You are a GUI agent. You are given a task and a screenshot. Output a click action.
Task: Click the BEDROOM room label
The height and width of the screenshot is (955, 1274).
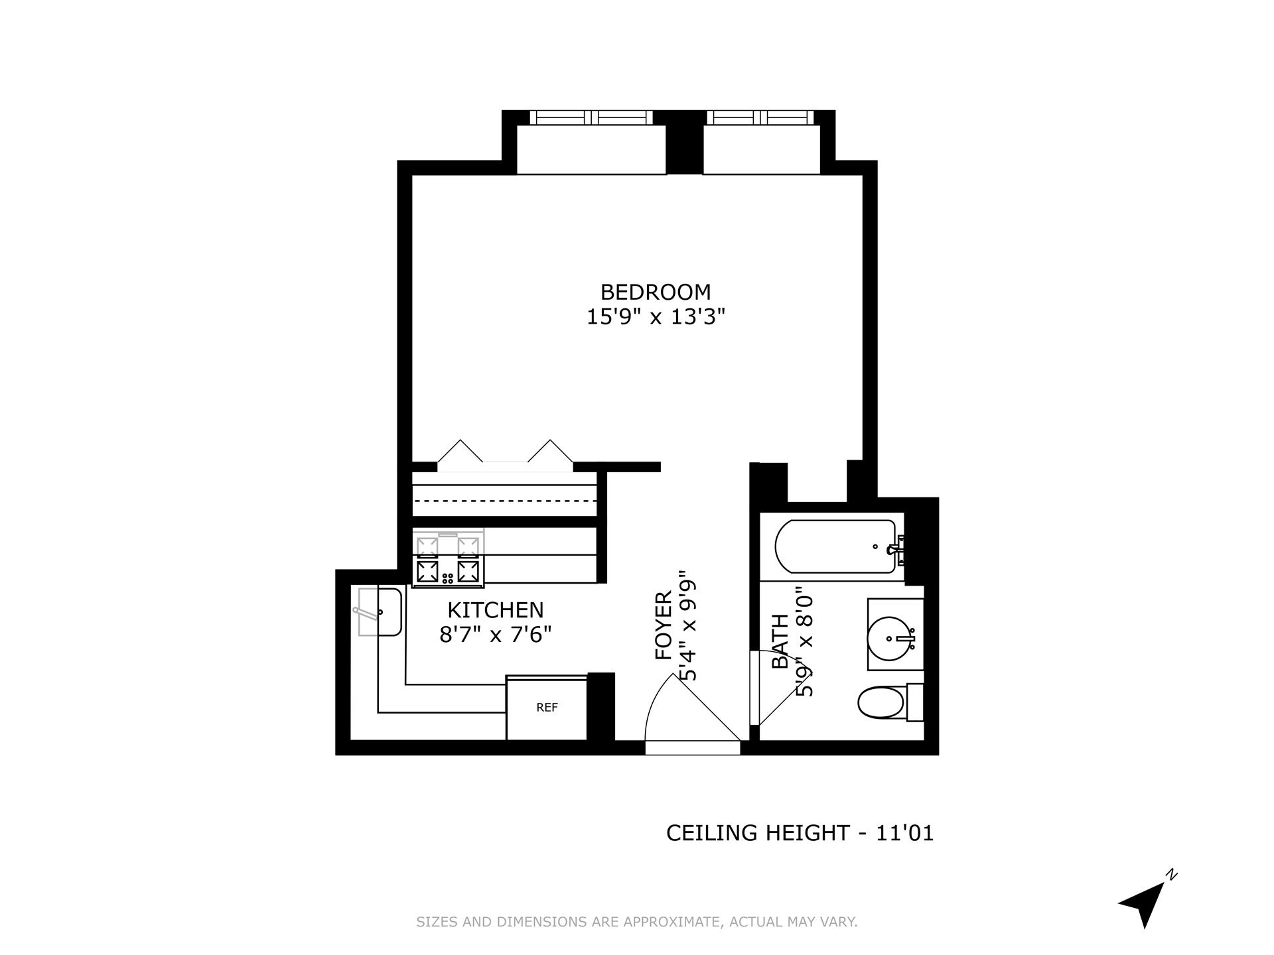tap(655, 292)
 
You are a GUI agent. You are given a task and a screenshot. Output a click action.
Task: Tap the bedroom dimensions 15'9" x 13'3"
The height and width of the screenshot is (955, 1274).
tap(655, 317)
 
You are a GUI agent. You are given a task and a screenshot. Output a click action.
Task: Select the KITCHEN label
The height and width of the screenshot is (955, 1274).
tap(495, 610)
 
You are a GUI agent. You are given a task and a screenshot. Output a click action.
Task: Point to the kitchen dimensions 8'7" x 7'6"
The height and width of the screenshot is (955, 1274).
tap(495, 635)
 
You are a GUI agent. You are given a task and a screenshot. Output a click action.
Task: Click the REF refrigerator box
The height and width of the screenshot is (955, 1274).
tap(547, 708)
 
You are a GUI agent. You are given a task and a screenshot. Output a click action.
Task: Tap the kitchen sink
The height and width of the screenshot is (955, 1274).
tap(380, 612)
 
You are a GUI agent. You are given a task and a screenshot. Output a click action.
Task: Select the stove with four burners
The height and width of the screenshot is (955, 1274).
tap(448, 558)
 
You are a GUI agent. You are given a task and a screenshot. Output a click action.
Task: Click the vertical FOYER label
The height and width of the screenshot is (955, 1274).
tap(664, 625)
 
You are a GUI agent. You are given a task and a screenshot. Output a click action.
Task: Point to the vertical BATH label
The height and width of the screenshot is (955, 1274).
tap(780, 641)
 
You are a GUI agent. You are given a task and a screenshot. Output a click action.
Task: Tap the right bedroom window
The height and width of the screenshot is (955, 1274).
tap(760, 117)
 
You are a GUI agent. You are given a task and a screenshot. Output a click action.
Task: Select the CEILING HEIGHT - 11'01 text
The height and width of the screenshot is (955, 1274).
tap(800, 833)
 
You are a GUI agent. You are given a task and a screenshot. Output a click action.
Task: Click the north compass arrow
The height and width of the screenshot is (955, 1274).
tap(1145, 906)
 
